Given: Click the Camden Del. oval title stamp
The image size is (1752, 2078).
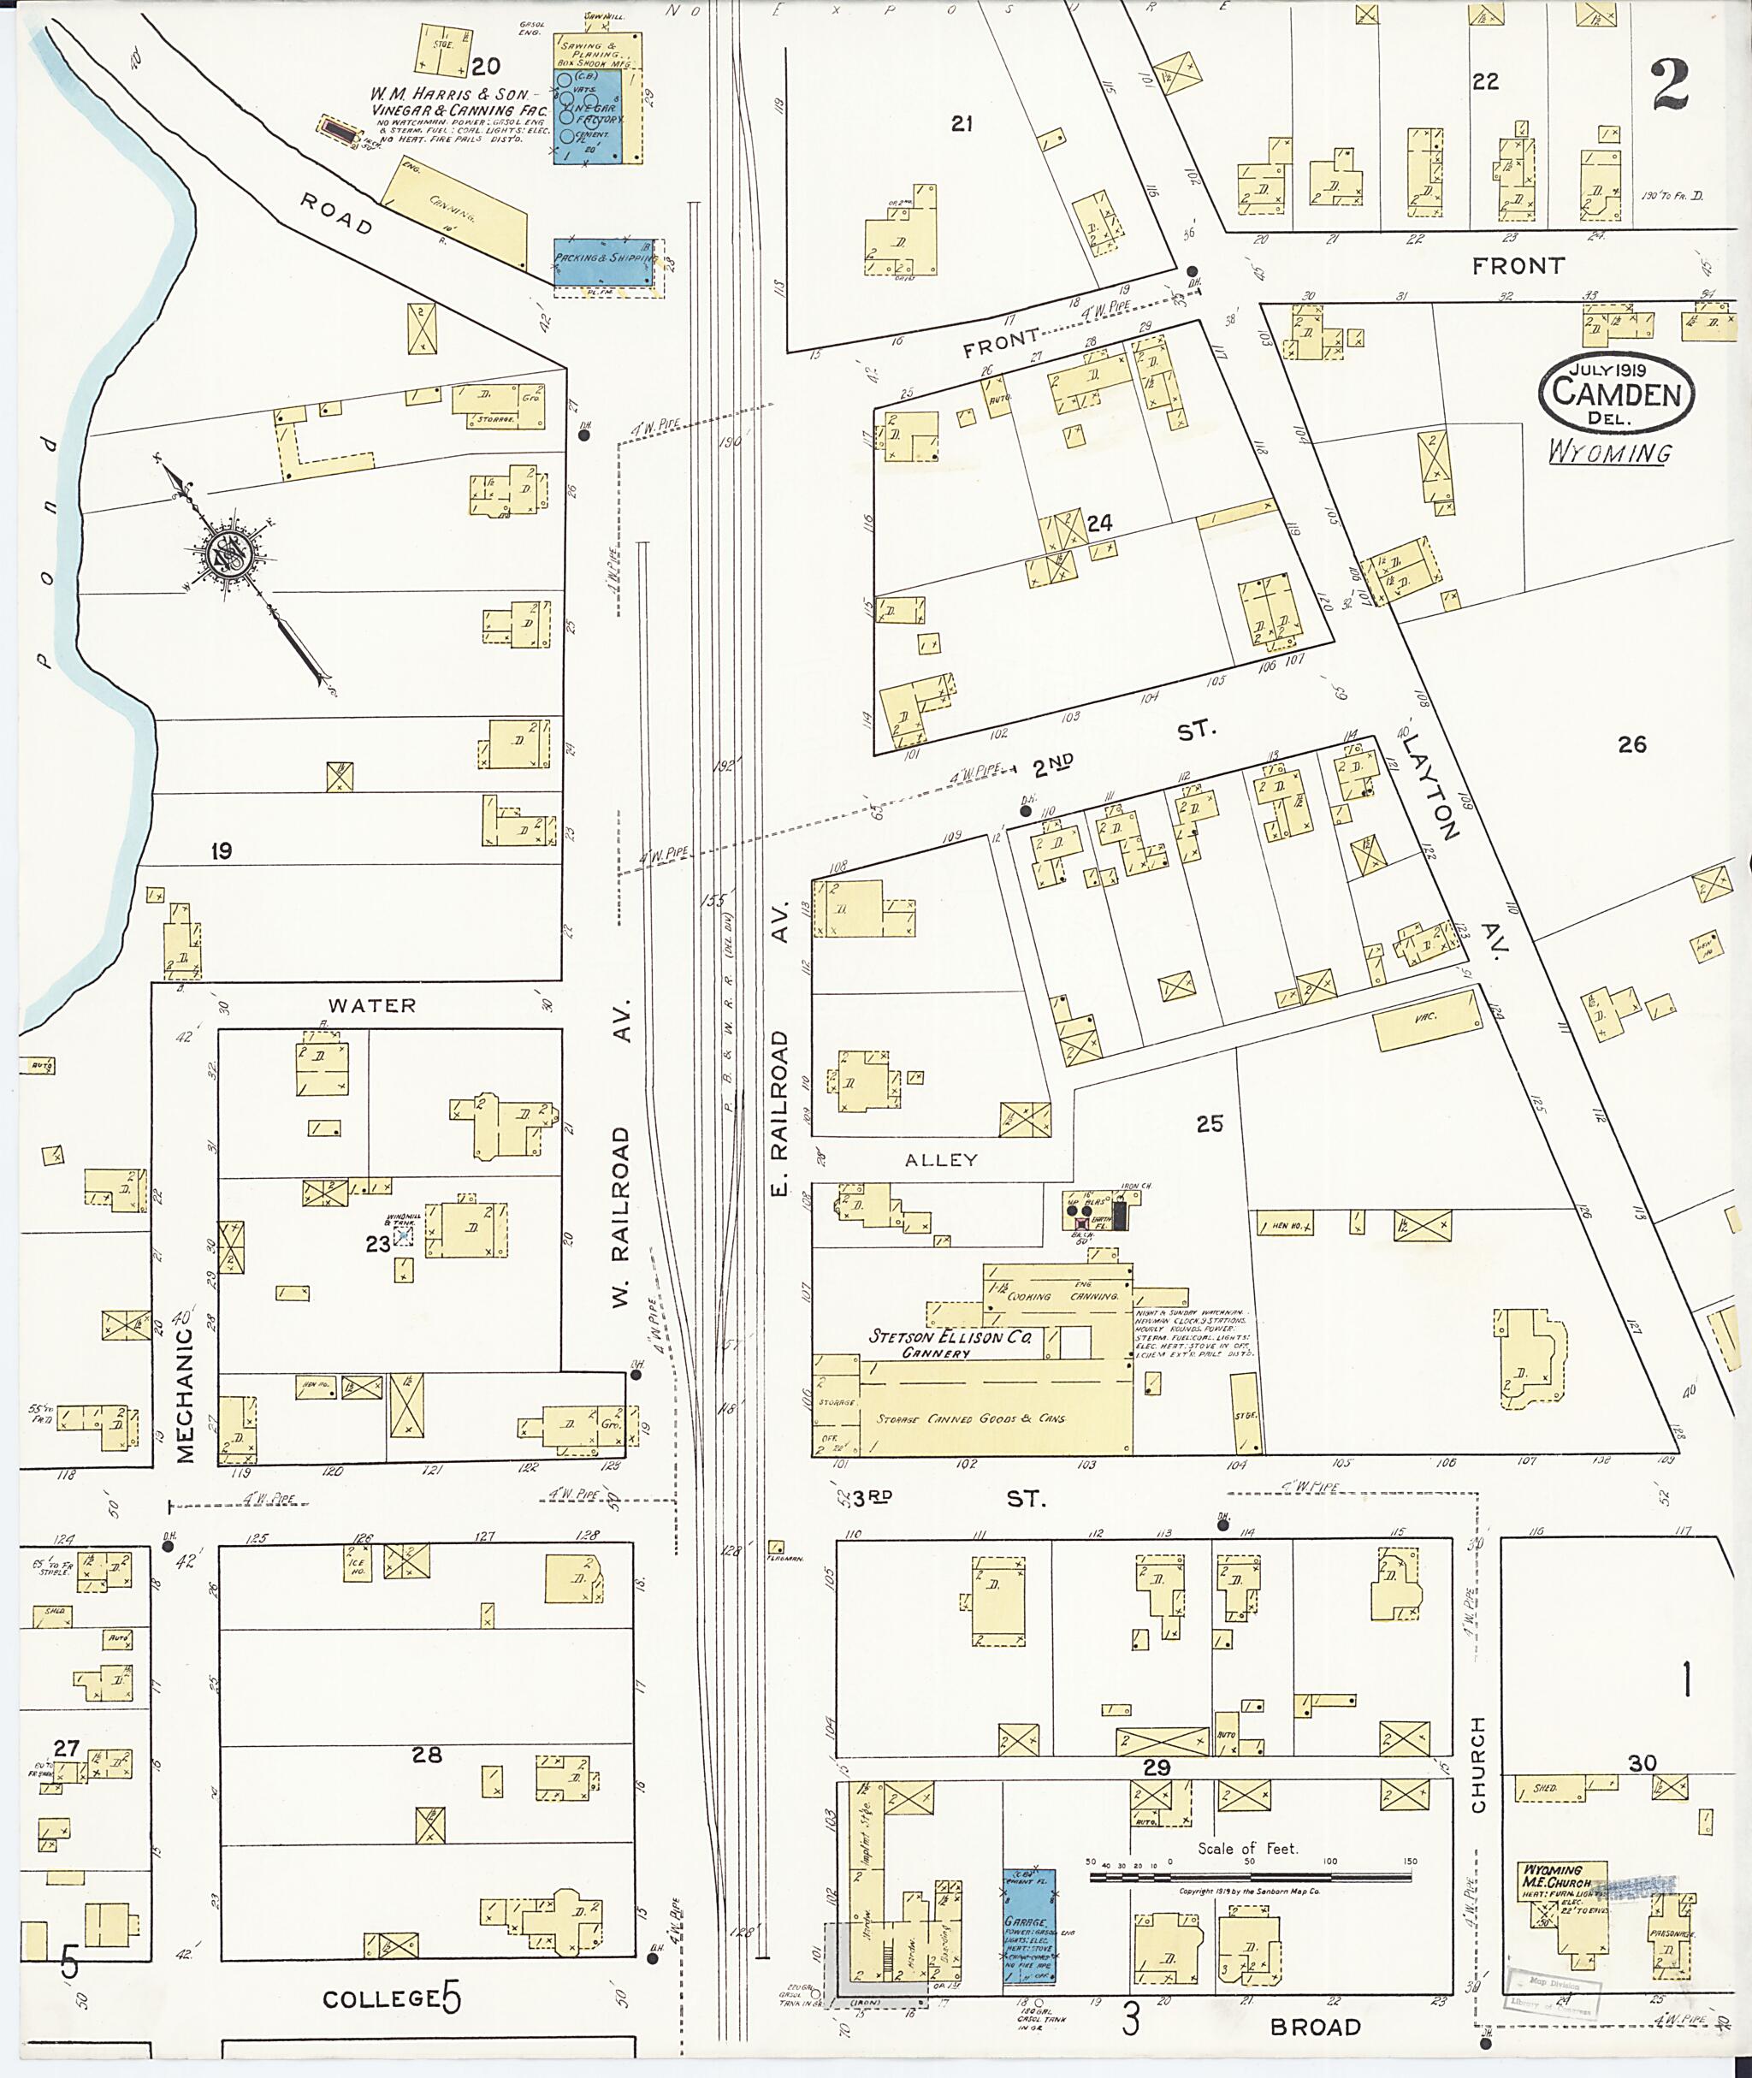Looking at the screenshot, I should (x=1617, y=393).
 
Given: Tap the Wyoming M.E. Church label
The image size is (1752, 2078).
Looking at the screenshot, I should (x=1554, y=1875).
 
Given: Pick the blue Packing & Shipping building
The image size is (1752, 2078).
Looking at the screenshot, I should (x=604, y=260).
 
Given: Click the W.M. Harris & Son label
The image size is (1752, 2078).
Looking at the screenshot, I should (x=449, y=94).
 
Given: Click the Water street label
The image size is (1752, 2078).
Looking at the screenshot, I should (x=371, y=1005).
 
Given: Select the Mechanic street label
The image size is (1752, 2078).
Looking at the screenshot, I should (x=185, y=1395).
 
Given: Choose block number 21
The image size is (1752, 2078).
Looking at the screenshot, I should (x=961, y=123).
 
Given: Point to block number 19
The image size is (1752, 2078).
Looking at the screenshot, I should (x=221, y=851).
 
